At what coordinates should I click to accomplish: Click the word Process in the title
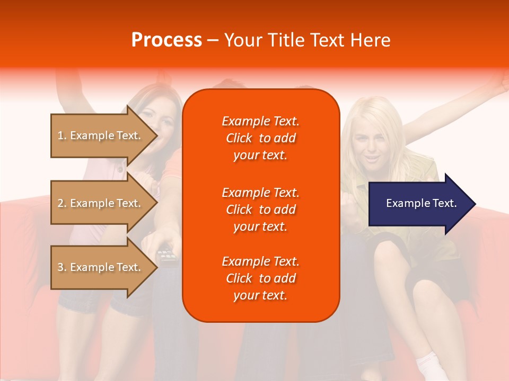[166, 40]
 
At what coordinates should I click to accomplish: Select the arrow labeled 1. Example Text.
[101, 135]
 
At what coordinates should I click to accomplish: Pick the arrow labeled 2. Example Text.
[101, 203]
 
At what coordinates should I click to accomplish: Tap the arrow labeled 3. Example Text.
[101, 267]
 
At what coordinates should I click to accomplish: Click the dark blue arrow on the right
[419, 203]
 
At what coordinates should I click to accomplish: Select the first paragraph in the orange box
[261, 138]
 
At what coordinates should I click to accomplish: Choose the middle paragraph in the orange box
[261, 210]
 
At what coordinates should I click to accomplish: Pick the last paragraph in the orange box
[261, 278]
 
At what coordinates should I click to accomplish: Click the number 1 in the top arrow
[60, 135]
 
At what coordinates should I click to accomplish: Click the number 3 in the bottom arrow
[60, 267]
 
